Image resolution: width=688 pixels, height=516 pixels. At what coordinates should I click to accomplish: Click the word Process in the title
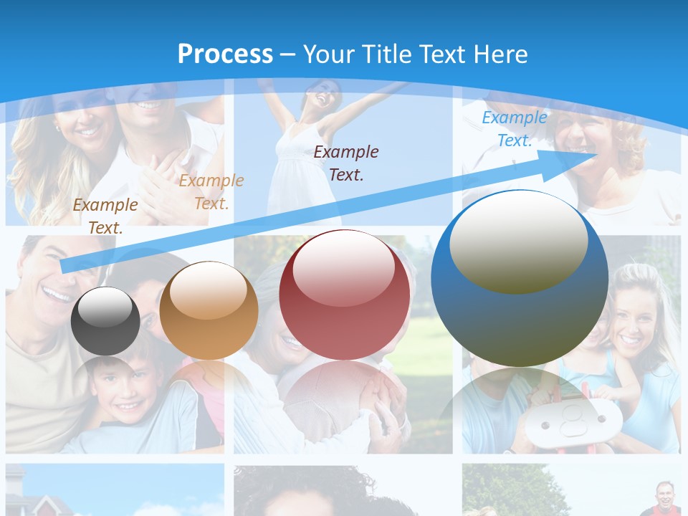225,54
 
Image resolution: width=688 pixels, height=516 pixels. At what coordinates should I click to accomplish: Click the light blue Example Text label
515,129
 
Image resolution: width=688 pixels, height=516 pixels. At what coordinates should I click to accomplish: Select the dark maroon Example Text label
346,163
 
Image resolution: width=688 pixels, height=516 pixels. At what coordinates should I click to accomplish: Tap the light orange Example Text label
211,191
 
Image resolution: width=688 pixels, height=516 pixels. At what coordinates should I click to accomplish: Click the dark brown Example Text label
105,216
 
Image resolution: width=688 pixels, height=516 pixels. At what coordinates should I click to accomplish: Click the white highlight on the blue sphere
518,242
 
